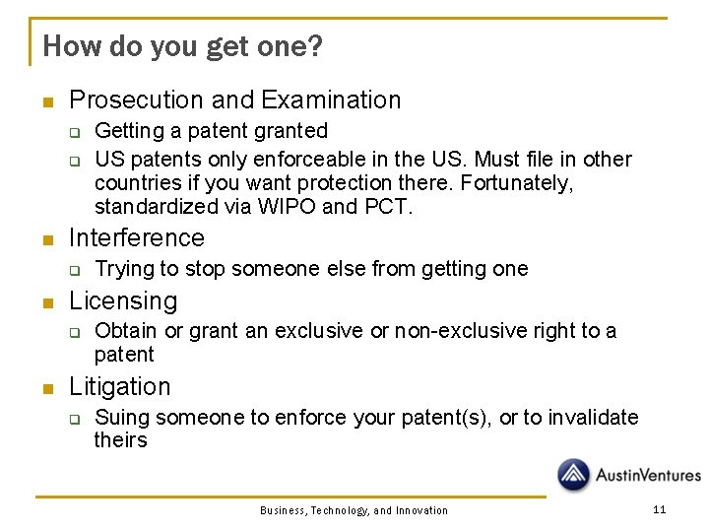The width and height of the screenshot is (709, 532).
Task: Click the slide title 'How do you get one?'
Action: point(182,46)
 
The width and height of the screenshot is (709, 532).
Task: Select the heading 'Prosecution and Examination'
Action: point(235,100)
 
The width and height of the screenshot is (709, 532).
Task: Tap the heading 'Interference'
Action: point(137,237)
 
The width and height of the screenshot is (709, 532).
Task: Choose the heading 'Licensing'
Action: point(123,300)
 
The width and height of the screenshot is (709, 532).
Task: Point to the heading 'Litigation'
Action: point(119,386)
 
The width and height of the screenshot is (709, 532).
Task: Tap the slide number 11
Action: point(659,509)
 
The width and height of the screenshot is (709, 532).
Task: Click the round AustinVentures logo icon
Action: point(574,475)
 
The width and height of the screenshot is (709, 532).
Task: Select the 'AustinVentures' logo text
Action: point(647,476)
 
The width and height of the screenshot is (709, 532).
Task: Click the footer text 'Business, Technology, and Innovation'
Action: point(354,510)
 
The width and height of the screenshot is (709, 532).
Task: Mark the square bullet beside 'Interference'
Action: point(45,239)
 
